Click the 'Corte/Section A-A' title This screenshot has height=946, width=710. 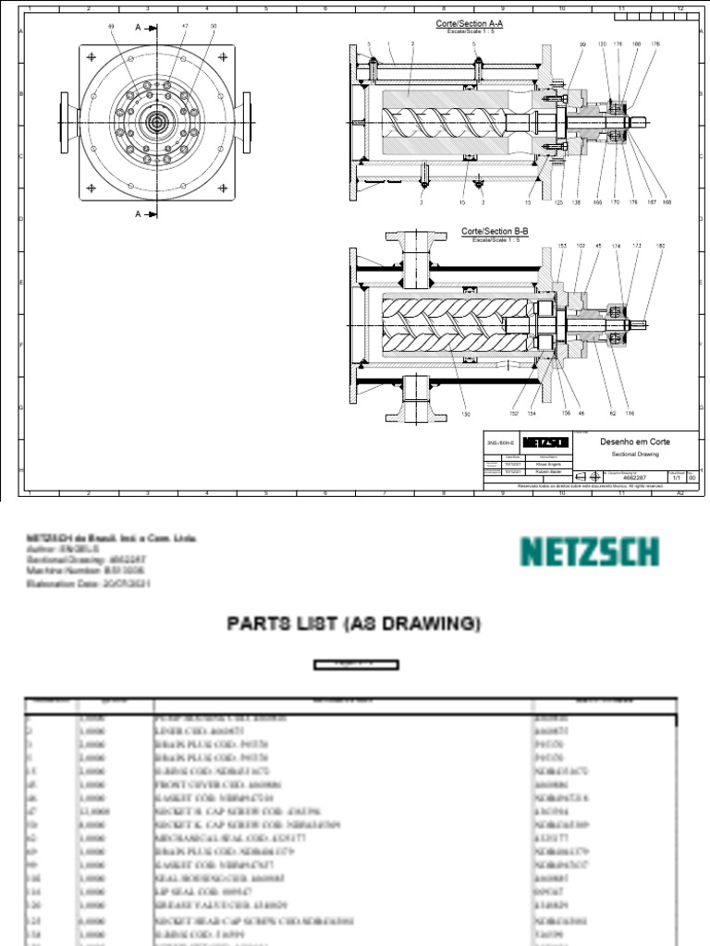[x=469, y=23]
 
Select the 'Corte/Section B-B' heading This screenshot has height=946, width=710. [x=495, y=231]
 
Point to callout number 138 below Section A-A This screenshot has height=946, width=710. [x=576, y=201]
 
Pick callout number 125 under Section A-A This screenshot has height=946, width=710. [x=558, y=201]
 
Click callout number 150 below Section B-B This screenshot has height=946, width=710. [x=467, y=414]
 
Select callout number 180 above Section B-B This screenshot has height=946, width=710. [x=659, y=246]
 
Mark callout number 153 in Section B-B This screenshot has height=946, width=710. [x=561, y=246]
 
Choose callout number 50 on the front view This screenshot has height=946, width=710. [x=213, y=27]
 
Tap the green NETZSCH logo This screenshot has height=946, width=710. [x=589, y=552]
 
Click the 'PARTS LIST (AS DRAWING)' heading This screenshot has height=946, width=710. [x=355, y=625]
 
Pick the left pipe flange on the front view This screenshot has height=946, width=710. [x=64, y=120]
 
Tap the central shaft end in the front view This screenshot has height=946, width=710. [x=153, y=121]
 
